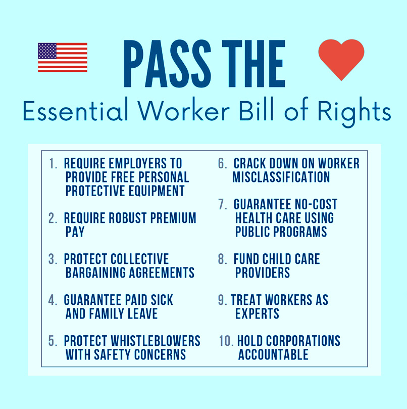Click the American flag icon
[63, 57]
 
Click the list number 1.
[53, 164]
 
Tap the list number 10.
[226, 341]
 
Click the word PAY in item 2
[75, 232]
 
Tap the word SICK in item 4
[160, 300]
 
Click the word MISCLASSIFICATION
[281, 177]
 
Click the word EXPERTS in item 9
[257, 313]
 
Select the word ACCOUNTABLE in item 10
[273, 354]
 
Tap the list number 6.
[222, 164]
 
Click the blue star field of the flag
[47, 51]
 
